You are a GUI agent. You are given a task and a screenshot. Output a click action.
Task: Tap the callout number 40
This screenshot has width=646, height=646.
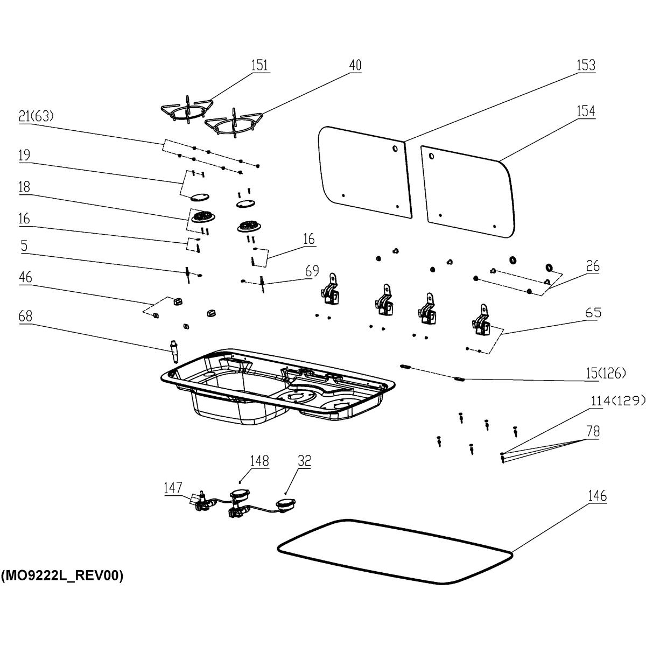pos(355,65)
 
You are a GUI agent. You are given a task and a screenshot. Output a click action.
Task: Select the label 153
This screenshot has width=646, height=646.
pos(586,65)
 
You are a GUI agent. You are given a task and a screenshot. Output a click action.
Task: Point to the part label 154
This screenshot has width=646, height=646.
pos(586,111)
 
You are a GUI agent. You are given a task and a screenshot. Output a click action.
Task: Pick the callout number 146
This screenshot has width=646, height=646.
pos(598,496)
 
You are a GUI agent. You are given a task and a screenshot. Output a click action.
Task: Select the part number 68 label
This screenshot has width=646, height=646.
pos(25,317)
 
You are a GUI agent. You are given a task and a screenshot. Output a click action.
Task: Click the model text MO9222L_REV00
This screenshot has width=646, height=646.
pos(62,576)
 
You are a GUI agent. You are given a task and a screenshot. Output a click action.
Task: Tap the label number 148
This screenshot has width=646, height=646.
pos(259,461)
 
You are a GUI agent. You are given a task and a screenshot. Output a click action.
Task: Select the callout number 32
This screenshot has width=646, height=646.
pos(304,461)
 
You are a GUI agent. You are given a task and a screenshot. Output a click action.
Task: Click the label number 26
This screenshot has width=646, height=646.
pos(593,266)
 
